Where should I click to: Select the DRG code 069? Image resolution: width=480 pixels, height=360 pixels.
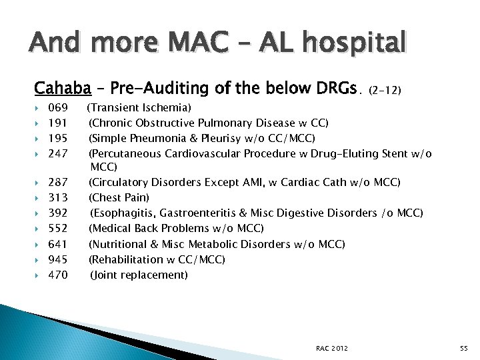(x=58, y=107)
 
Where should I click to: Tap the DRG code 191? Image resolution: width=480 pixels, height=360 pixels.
(x=58, y=123)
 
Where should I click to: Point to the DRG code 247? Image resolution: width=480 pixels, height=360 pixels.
(x=58, y=154)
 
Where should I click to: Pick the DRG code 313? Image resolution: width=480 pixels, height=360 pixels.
(x=58, y=197)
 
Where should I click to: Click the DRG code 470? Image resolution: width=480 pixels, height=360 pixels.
(x=58, y=275)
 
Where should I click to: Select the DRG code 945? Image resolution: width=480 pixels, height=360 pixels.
(x=58, y=259)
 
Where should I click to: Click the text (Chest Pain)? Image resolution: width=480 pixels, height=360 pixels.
(x=119, y=197)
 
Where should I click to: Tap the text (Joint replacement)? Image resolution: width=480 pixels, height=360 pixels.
(x=139, y=275)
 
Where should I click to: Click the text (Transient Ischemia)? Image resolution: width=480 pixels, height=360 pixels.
(x=140, y=107)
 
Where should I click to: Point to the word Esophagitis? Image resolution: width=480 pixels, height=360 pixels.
(x=121, y=213)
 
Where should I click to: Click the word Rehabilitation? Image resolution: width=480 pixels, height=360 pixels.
(x=126, y=259)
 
